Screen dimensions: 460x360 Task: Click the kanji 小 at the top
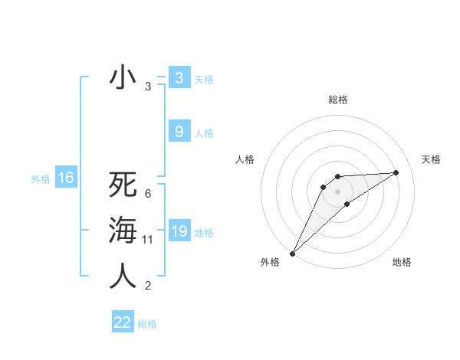[123, 78]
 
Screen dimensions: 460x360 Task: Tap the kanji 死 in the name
[123, 185]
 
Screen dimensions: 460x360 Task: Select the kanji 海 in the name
[123, 231]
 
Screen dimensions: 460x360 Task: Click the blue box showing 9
[179, 132]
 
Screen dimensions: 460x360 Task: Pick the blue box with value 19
[179, 231]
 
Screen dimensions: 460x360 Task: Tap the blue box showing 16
[66, 178]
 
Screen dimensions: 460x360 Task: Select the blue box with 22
[123, 322]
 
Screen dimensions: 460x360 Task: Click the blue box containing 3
[179, 77]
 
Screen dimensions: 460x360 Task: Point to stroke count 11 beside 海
[148, 240]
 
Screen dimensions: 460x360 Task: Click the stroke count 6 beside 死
[148, 193]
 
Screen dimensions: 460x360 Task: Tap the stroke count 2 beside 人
[148, 286]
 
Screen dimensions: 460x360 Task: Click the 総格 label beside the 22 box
[147, 324]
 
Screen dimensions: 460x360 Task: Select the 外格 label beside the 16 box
[41, 179]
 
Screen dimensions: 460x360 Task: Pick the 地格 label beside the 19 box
[204, 233]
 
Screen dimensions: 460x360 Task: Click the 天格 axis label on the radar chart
[431, 159]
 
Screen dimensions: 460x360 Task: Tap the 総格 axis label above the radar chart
[337, 100]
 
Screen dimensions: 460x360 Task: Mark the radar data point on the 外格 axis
[292, 254]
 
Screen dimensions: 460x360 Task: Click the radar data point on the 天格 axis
[396, 172]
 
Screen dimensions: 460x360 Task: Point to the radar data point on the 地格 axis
[347, 204]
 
